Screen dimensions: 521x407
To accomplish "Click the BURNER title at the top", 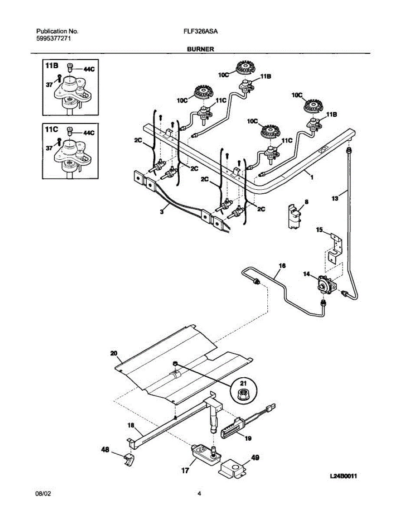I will click(200, 49).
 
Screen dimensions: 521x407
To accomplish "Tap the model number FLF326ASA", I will click(200, 32).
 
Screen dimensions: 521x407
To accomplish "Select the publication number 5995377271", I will click(53, 39).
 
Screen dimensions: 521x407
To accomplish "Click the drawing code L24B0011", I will click(343, 476).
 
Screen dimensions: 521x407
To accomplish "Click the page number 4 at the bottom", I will click(199, 494).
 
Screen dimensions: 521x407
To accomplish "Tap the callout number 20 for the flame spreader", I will click(114, 353).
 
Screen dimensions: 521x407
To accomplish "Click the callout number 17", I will click(185, 470).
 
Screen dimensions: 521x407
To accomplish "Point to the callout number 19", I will click(247, 439).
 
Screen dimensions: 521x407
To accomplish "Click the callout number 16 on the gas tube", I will click(282, 265).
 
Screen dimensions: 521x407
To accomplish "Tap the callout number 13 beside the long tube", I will click(335, 198).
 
